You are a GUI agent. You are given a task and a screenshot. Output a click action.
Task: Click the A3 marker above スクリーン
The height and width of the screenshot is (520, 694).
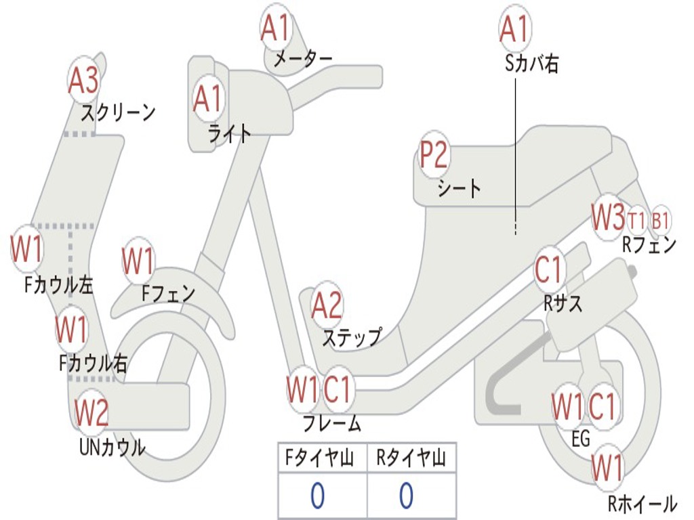[84, 80]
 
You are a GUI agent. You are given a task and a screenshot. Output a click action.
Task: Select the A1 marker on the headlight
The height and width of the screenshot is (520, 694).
[207, 99]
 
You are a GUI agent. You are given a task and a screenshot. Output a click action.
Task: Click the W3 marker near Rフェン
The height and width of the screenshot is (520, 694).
[607, 217]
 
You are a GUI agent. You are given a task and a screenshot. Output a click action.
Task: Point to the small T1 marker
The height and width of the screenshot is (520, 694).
[637, 221]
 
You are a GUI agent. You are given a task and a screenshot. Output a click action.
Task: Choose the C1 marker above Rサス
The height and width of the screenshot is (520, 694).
[550, 269]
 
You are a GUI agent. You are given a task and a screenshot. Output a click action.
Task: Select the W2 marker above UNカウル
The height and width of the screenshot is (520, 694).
[91, 412]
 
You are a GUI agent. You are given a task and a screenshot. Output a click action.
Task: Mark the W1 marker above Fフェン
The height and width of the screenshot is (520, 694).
[138, 261]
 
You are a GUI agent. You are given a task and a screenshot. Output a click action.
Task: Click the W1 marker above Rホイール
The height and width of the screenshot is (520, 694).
[607, 467]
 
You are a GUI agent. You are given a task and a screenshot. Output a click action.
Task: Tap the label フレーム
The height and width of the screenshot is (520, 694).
[331, 424]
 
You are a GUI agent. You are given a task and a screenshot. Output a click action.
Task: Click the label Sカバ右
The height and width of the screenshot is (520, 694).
[532, 64]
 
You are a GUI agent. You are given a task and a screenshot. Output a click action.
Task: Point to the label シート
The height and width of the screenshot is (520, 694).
[460, 188]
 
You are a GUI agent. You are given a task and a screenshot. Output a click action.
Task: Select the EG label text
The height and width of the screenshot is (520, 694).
[581, 439]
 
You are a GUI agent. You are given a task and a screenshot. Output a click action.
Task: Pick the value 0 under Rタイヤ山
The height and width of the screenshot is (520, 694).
[405, 496]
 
